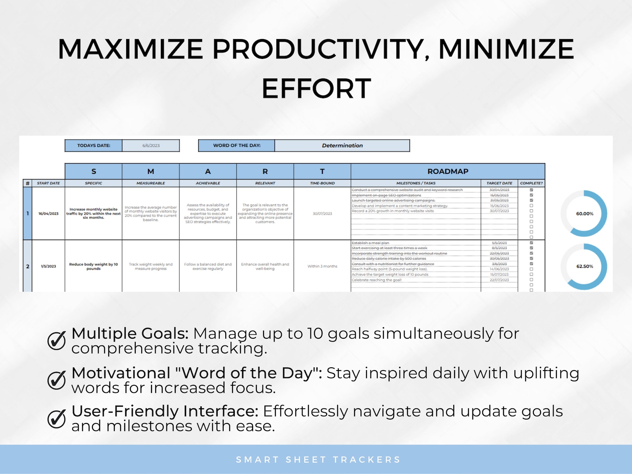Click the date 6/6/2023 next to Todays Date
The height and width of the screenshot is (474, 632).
[x=151, y=146]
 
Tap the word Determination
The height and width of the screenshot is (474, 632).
[x=342, y=146]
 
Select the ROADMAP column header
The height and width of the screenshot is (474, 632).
[x=448, y=172]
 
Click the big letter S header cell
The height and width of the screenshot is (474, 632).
[x=94, y=172]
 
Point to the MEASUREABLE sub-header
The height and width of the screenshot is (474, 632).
[x=150, y=183]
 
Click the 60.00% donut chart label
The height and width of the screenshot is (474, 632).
[x=585, y=214]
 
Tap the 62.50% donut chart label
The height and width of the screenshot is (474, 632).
[x=585, y=266]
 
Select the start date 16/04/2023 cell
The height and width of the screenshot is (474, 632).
[x=49, y=214]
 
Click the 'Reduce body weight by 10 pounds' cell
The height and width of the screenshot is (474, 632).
[x=94, y=266]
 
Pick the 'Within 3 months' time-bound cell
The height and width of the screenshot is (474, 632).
[x=322, y=266]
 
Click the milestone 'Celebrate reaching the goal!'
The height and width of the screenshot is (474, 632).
[x=376, y=280]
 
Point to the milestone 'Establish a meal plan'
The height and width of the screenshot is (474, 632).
[x=370, y=243]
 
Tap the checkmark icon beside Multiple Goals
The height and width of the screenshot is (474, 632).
[x=57, y=340]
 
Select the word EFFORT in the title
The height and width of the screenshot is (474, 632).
[x=316, y=89]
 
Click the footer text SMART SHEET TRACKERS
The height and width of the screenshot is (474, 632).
[x=318, y=460]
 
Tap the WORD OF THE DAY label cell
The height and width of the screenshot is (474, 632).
[x=237, y=146]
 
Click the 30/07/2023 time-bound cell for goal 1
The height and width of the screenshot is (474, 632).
[x=322, y=214]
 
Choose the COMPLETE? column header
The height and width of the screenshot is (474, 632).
[x=531, y=183]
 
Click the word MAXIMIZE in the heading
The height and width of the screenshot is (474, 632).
[x=131, y=49]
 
